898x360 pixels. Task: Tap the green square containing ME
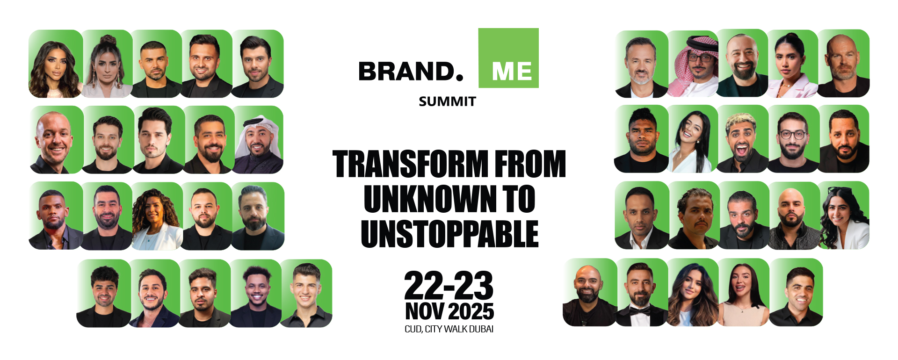pyautogui.click(x=508, y=58)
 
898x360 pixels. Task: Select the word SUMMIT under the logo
pyautogui.click(x=447, y=101)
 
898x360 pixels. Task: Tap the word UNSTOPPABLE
pyautogui.click(x=449, y=234)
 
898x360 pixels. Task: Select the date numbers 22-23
pyautogui.click(x=449, y=285)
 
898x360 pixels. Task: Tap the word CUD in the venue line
pyautogui.click(x=413, y=329)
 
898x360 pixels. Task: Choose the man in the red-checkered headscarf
pyautogui.click(x=693, y=64)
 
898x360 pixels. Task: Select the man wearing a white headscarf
pyautogui.click(x=258, y=140)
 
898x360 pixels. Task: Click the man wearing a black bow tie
pyautogui.click(x=641, y=293)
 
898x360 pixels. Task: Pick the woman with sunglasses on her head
pyautogui.click(x=844, y=216)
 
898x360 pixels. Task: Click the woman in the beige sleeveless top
pyautogui.click(x=743, y=293)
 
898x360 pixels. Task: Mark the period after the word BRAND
pyautogui.click(x=459, y=78)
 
